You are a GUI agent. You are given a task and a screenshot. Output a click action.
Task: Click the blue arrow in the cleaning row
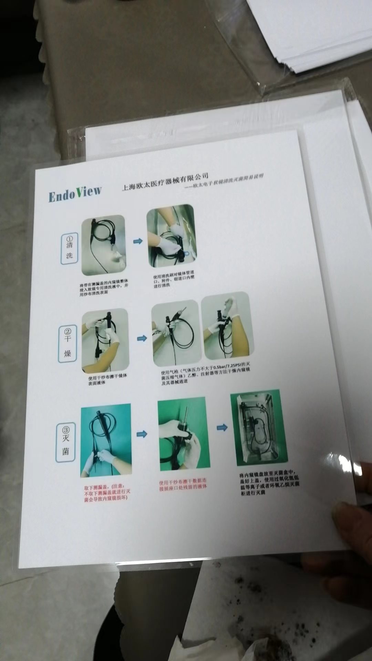tap(138, 241)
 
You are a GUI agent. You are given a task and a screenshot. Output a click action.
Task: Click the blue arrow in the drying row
tap(142, 339)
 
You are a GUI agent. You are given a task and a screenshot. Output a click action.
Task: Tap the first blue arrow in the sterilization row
tap(142, 434)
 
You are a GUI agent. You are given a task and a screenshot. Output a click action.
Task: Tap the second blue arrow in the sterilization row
tap(222, 428)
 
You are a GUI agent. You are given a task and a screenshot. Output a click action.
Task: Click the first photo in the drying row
tap(105, 340)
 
